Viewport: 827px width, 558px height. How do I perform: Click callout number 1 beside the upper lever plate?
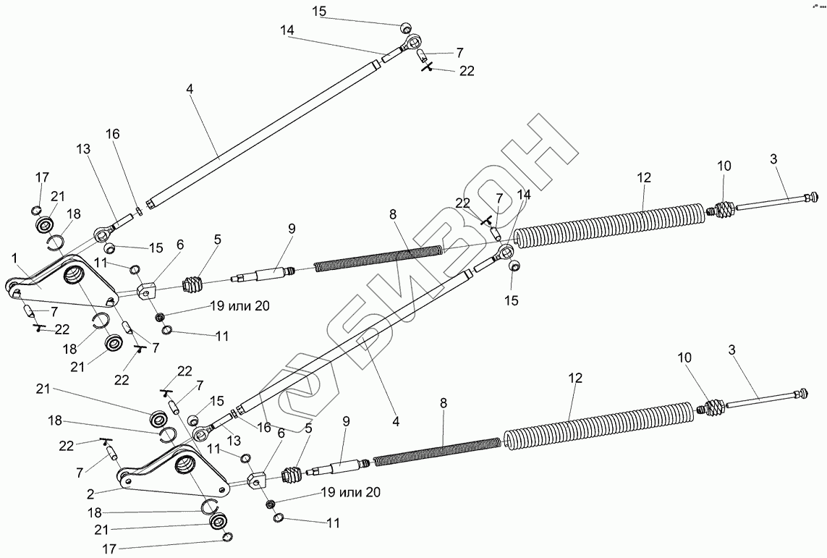click(14, 258)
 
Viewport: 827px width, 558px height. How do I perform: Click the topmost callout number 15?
click(320, 11)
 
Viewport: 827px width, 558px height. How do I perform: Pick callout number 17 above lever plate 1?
click(42, 177)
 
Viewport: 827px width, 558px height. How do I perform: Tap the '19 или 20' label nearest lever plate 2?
click(350, 493)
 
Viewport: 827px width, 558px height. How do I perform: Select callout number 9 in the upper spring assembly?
click(291, 229)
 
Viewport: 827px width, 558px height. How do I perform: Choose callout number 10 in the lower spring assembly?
click(684, 358)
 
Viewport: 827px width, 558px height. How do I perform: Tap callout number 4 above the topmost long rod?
click(189, 89)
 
